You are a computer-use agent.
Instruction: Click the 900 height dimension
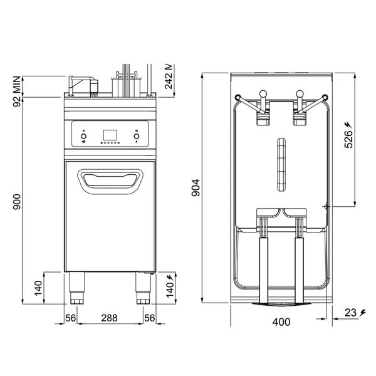pos(18,201)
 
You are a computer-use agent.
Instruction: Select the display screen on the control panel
pos(108,134)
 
